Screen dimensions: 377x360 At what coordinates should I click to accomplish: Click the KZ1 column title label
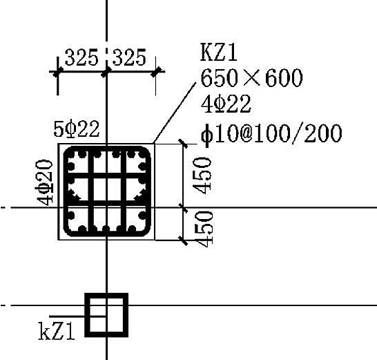[219, 53]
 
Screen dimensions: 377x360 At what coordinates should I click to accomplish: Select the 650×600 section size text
[251, 77]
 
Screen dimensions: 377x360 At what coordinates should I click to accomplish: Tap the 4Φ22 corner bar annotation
[226, 104]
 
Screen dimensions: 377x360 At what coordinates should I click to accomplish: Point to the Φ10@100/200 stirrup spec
[271, 133]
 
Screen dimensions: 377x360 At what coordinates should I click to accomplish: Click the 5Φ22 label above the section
[77, 129]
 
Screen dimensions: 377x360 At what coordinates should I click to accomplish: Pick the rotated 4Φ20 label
[44, 182]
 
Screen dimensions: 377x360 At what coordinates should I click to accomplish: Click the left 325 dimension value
[81, 57]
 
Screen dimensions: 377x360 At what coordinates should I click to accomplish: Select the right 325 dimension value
[129, 57]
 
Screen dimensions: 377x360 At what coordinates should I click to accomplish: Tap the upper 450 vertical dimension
[203, 176]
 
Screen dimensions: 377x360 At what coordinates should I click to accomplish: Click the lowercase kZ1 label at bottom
[57, 331]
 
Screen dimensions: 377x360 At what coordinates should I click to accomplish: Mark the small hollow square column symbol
[106, 315]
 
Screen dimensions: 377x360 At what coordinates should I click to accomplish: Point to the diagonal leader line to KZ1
[175, 113]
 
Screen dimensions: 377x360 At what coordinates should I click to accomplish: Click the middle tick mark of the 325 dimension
[106, 72]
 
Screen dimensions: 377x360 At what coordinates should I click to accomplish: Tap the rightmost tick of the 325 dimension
[156, 72]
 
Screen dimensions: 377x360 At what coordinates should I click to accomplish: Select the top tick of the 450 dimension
[184, 144]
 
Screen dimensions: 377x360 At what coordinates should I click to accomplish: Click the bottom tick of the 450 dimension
[184, 240]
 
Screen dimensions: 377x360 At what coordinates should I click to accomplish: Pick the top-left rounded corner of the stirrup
[68, 151]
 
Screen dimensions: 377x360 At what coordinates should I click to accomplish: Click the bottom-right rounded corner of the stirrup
[146, 231]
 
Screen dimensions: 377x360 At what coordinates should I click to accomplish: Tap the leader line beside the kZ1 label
[77, 316]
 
